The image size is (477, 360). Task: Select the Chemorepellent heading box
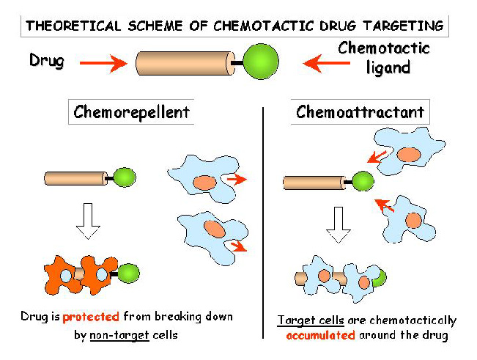[132, 113]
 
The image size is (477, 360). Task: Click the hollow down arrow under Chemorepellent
[88, 223]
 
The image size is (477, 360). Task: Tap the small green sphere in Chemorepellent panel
[125, 178]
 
